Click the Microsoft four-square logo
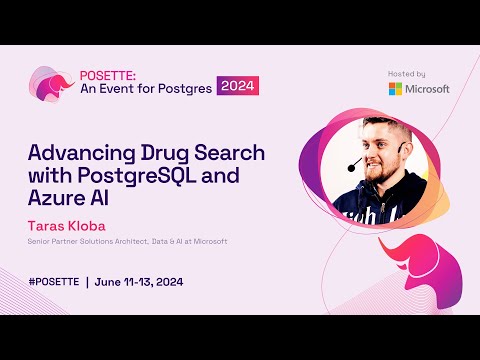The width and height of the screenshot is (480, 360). click(396, 88)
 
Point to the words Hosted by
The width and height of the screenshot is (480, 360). click(407, 73)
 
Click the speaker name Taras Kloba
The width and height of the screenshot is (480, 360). click(68, 225)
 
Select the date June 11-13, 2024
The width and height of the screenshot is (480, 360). click(140, 281)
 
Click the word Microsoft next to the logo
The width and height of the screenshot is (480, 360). click(427, 88)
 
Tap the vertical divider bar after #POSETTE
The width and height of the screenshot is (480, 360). click(87, 281)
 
